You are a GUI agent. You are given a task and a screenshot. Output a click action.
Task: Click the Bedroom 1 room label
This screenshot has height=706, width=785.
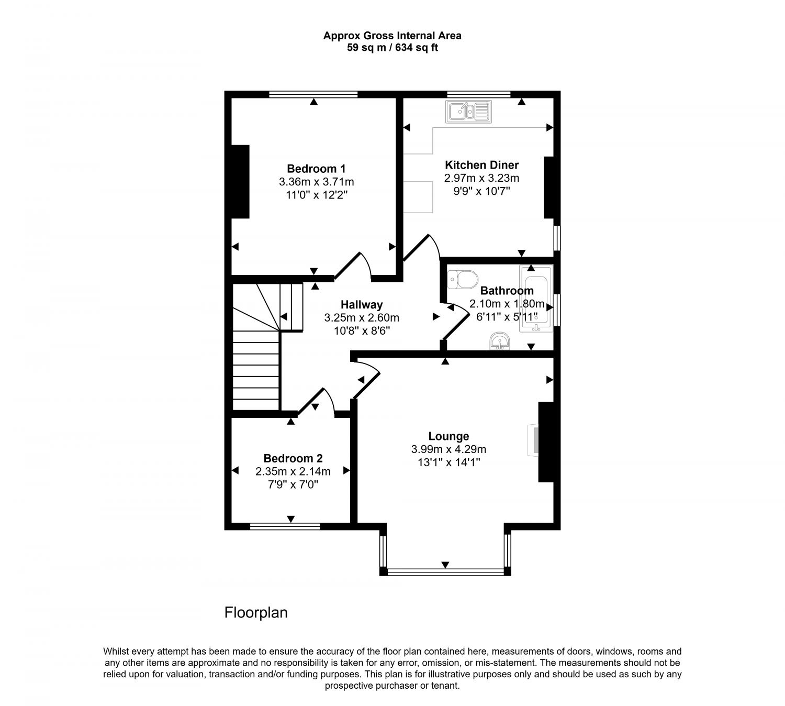(x=316, y=169)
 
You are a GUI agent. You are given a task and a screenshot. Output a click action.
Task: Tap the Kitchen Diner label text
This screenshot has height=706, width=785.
(x=481, y=165)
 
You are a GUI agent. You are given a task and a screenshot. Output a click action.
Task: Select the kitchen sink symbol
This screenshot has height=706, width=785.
(x=468, y=112)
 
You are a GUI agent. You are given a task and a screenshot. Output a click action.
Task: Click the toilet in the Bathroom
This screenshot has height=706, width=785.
(x=463, y=280)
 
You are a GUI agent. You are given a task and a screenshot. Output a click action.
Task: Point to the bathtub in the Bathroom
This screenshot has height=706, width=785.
(x=536, y=299)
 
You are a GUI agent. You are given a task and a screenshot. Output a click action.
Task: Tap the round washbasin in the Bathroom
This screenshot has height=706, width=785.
(x=500, y=341)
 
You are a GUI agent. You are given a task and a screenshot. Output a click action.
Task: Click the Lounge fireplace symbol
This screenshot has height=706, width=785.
(x=533, y=440)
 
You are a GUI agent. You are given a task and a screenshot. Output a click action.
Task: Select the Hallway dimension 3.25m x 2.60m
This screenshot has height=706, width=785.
(x=362, y=318)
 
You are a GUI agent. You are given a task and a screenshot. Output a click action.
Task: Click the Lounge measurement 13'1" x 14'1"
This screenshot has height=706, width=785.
(x=449, y=462)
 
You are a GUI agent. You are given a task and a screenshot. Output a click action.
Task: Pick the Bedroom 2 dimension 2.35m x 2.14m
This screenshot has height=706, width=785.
(x=293, y=472)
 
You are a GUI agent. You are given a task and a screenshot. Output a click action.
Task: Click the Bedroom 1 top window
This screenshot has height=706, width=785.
(x=313, y=94)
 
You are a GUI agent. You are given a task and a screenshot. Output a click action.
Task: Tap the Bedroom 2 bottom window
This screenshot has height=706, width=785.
(x=285, y=526)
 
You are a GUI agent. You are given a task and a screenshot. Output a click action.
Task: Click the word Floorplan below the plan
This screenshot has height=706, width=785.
(x=256, y=612)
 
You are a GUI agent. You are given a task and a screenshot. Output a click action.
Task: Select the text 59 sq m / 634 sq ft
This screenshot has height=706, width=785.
(x=392, y=48)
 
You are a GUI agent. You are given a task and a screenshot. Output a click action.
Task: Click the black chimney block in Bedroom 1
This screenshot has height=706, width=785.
(x=240, y=181)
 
